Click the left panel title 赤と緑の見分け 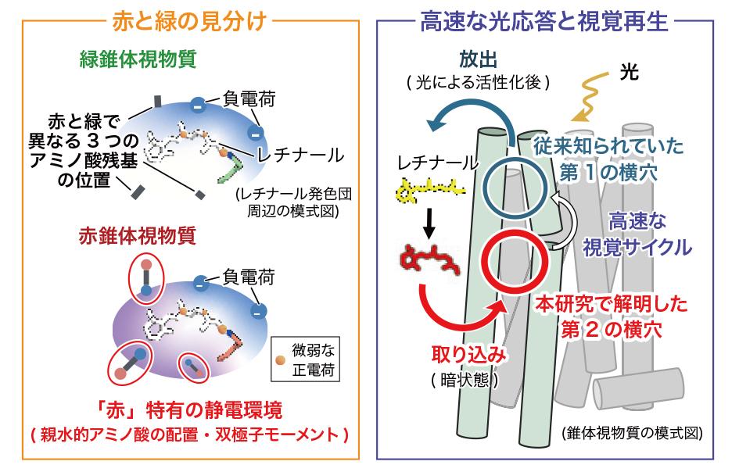click(189, 21)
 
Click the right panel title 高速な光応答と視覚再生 click(544, 21)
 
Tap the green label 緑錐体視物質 click(138, 59)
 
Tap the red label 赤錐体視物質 click(137, 236)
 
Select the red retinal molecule click(429, 259)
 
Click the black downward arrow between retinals click(429, 223)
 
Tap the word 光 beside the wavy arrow click(630, 72)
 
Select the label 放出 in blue click(479, 60)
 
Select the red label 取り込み click(469, 355)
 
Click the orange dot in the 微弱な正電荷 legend click(281, 360)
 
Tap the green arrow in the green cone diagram click(231, 170)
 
